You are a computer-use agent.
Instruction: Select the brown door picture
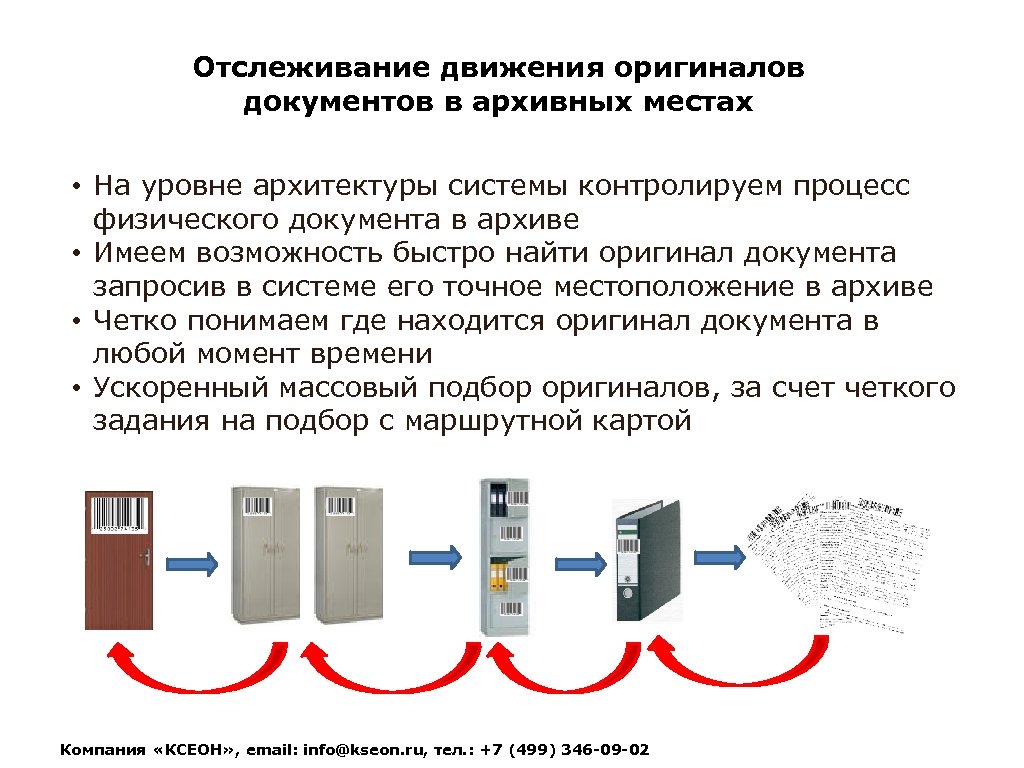pyautogui.click(x=118, y=560)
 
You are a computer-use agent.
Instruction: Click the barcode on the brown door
pyautogui.click(x=118, y=515)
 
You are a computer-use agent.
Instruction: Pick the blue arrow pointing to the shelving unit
pyautogui.click(x=435, y=556)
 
